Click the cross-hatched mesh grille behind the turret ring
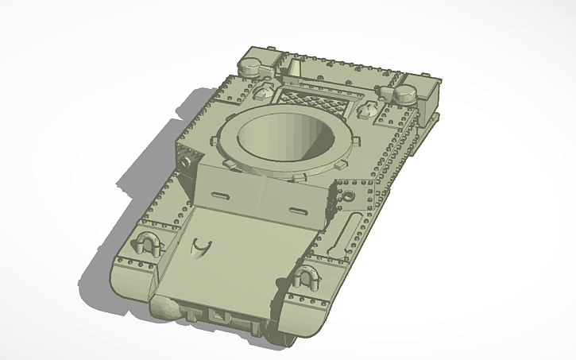[x=310, y=102]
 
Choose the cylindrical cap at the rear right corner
[x=407, y=91]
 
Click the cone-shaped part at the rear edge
[x=294, y=70]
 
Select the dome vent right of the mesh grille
[x=369, y=107]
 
